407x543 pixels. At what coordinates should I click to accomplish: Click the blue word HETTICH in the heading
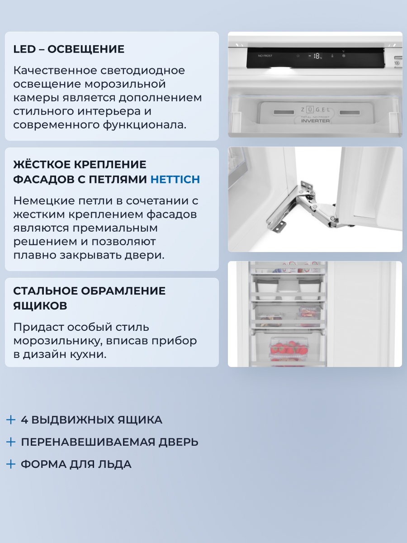pyautogui.click(x=175, y=180)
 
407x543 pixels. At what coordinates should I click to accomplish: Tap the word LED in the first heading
pyautogui.click(x=24, y=49)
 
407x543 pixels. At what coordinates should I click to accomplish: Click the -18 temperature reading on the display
pyautogui.click(x=315, y=56)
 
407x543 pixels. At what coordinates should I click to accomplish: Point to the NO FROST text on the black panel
pyautogui.click(x=265, y=56)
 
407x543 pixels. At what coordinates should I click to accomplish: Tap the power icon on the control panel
pyautogui.click(x=298, y=56)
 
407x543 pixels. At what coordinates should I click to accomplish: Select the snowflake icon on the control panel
pyautogui.click(x=343, y=56)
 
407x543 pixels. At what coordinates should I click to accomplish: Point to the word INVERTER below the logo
pyautogui.click(x=315, y=121)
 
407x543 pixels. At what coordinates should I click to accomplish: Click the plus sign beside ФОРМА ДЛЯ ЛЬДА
pyautogui.click(x=11, y=464)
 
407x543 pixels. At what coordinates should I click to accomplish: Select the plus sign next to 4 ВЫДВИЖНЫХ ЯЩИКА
pyautogui.click(x=11, y=420)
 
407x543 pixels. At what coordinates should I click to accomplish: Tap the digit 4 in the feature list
pyautogui.click(x=24, y=420)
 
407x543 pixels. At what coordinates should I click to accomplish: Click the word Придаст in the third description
pyautogui.click(x=37, y=327)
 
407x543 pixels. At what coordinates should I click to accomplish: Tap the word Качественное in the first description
pyautogui.click(x=50, y=71)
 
